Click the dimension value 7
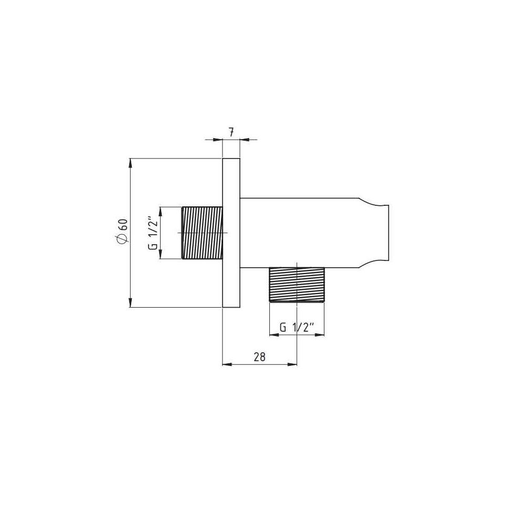(x=231, y=133)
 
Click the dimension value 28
(x=259, y=357)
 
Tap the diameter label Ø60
(x=122, y=231)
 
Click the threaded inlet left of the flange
(x=202, y=233)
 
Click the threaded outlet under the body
(x=297, y=285)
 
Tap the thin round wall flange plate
(x=232, y=233)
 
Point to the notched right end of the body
(x=374, y=233)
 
